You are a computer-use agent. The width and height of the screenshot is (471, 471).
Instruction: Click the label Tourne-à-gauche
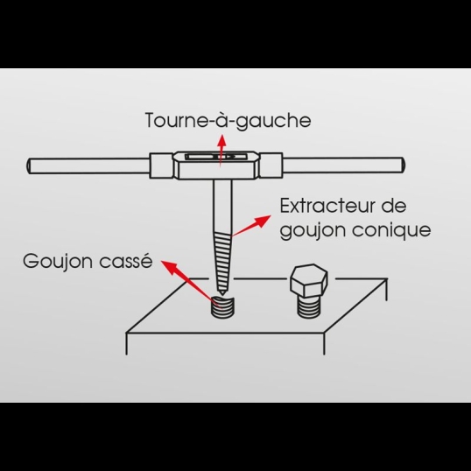(227, 120)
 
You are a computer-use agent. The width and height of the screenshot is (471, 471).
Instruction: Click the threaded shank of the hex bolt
(308, 306)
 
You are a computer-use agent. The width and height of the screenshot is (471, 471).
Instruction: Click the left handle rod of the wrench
(88, 164)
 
